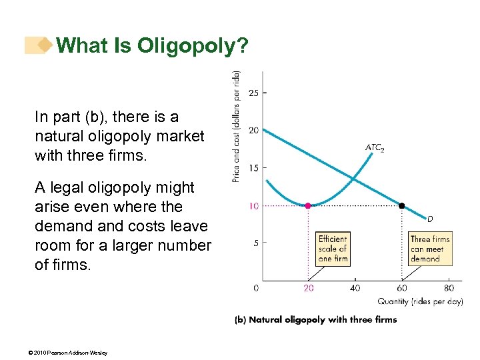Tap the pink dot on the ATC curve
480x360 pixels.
[308, 206]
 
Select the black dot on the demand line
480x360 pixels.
[401, 206]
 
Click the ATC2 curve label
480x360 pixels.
[374, 148]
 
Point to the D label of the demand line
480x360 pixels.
[430, 218]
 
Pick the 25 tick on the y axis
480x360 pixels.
[254, 93]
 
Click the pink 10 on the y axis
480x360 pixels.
[254, 206]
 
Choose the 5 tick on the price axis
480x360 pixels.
[256, 243]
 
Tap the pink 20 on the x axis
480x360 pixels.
[308, 288]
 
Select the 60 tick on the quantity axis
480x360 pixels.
[401, 288]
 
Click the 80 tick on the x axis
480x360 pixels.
[449, 288]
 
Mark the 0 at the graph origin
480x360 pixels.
[257, 288]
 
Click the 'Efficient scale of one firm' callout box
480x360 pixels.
[333, 249]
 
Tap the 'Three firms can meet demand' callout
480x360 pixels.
[430, 249]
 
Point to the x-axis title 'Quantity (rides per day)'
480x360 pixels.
[420, 301]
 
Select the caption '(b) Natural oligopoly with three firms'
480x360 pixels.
[315, 319]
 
